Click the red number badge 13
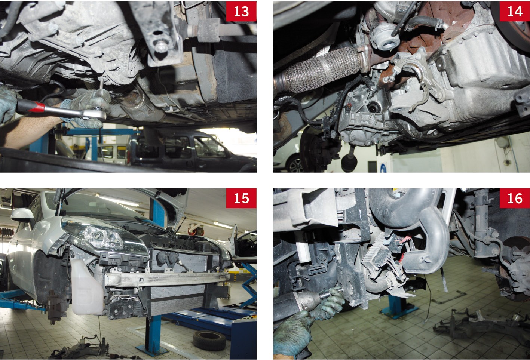pyautogui.click(x=241, y=11)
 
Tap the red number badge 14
pyautogui.click(x=515, y=11)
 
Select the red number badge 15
pyautogui.click(x=241, y=198)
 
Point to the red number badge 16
pyautogui.click(x=515, y=198)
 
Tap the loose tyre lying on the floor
pyautogui.click(x=209, y=340)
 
